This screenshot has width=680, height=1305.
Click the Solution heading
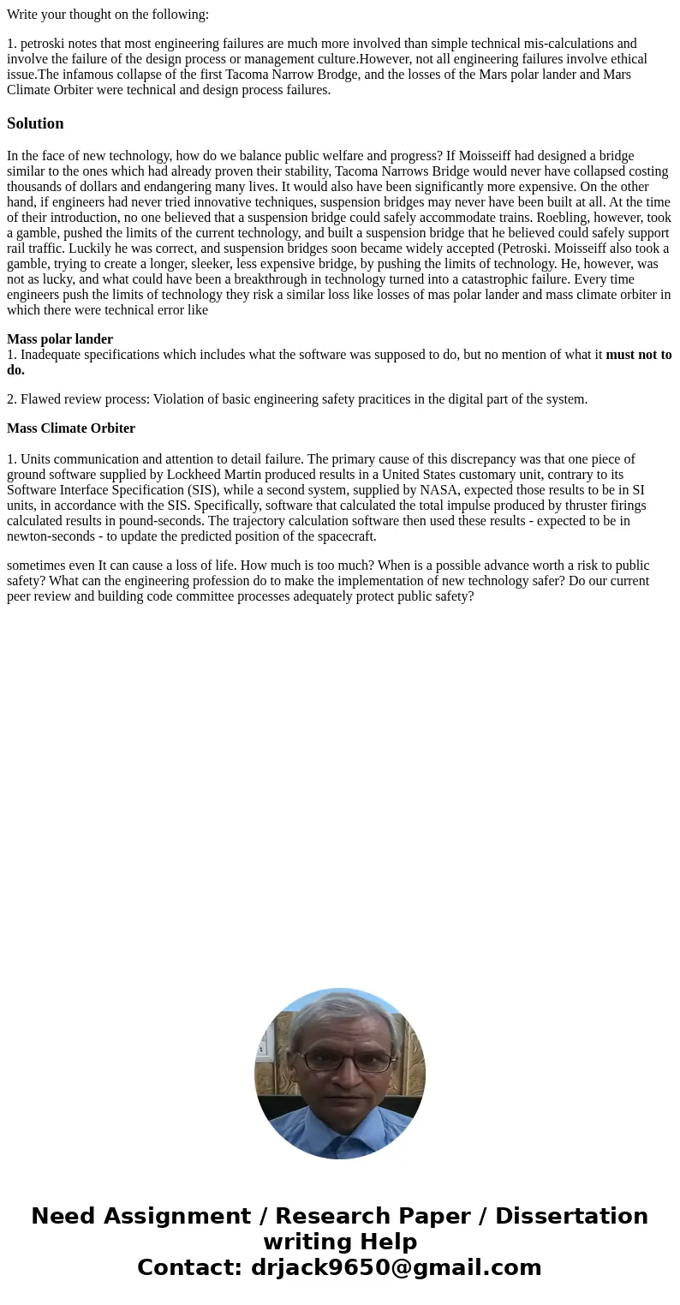pyautogui.click(x=35, y=123)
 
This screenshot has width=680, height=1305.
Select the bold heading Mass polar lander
pyautogui.click(x=60, y=339)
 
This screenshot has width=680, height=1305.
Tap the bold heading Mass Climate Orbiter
pyautogui.click(x=71, y=428)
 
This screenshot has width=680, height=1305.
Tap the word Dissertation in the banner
pyautogui.click(x=571, y=1217)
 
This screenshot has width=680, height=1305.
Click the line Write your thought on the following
pyautogui.click(x=108, y=15)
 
